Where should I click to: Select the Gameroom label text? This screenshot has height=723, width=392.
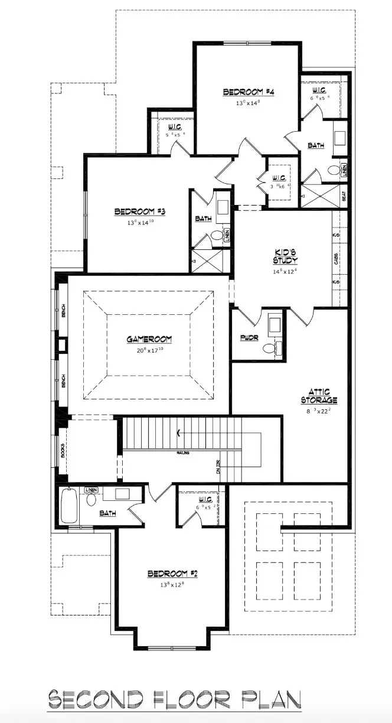click(x=149, y=339)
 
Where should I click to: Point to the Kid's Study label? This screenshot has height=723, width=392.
click(x=285, y=256)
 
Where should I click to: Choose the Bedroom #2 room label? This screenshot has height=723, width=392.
click(x=171, y=574)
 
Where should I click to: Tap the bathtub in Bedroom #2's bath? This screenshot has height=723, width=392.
click(x=69, y=505)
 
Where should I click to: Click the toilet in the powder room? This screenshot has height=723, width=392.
click(x=269, y=348)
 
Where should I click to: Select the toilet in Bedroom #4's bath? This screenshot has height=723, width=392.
click(x=334, y=171)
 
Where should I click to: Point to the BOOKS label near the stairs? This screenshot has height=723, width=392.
click(x=63, y=450)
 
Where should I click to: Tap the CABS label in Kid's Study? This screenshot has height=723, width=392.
click(x=336, y=259)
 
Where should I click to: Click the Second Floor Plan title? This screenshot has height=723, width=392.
click(x=175, y=701)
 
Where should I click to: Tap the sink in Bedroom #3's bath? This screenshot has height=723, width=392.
click(x=223, y=207)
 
